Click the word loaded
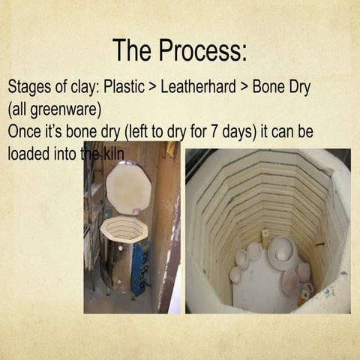[30, 153]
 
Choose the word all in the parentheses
[19, 109]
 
